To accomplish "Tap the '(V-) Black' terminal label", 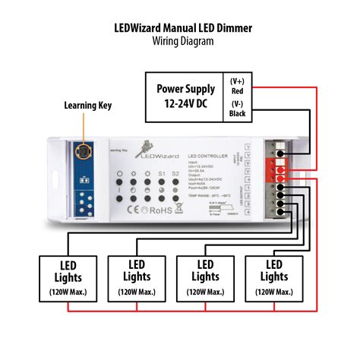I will coord(238,109).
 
